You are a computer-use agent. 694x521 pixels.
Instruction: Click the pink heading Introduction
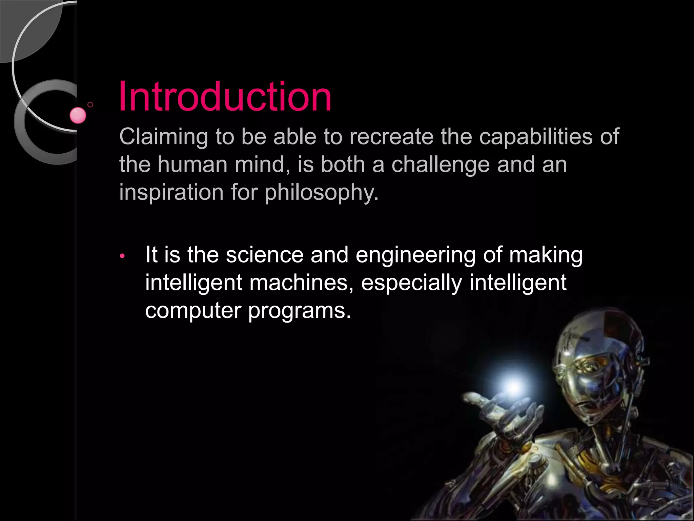click(225, 97)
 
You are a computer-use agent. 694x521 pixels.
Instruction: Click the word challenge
click(441, 165)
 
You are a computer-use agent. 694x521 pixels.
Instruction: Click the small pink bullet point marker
click(122, 256)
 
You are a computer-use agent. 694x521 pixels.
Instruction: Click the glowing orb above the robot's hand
click(513, 387)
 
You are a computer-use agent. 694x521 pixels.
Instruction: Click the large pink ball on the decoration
click(78, 115)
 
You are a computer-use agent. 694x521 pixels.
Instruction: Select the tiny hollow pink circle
click(90, 104)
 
